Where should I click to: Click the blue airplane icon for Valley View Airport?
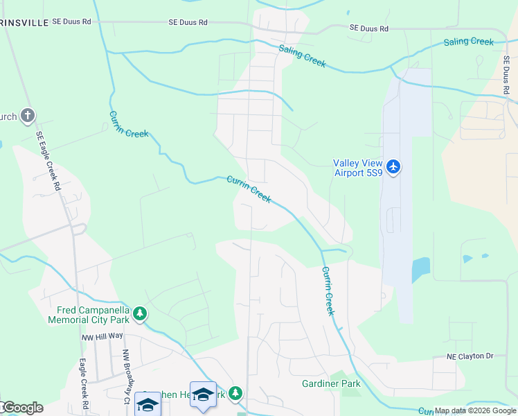(393, 166)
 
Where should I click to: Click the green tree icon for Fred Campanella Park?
(140, 314)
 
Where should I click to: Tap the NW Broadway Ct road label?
(127, 376)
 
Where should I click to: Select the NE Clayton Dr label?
(470, 356)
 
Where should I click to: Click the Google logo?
(22, 408)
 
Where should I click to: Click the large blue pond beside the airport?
(420, 269)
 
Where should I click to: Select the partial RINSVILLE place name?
(25, 22)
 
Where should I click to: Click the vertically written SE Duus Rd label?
(506, 76)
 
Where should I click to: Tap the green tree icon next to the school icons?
(235, 394)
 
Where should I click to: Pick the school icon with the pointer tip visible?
(203, 395)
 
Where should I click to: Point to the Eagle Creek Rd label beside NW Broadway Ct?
(83, 382)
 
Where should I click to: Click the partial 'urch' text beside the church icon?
(8, 116)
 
